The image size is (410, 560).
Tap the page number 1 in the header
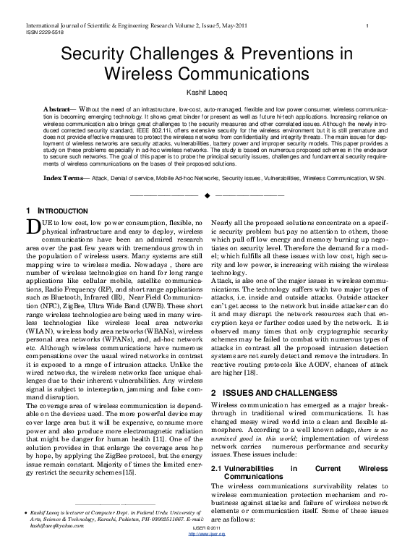[x=369, y=26]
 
